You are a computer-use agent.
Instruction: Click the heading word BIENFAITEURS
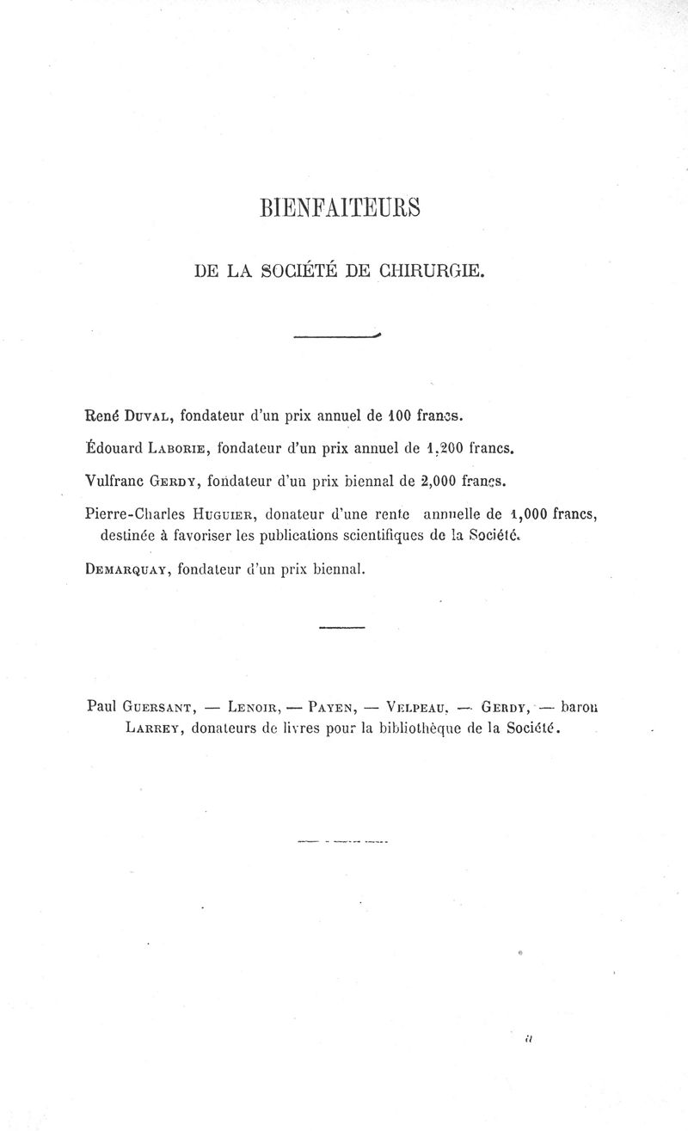click(339, 209)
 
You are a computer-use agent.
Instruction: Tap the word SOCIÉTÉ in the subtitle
click(302, 273)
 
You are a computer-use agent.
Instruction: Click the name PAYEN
click(330, 709)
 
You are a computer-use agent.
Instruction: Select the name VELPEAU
click(418, 709)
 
